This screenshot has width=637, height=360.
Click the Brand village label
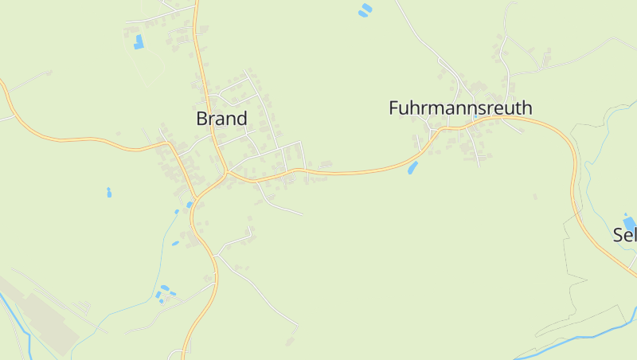point(221,119)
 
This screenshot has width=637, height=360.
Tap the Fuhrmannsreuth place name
point(460,108)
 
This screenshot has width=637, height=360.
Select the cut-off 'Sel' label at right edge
point(625,235)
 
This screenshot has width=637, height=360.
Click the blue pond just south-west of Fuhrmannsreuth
point(412,167)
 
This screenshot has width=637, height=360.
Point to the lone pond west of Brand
point(108,192)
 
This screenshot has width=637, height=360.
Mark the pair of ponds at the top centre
point(365,10)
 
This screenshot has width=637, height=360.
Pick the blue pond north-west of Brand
point(139,42)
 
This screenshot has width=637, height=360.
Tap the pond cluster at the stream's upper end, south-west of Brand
point(166,292)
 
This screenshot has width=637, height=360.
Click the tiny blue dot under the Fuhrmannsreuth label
point(475,118)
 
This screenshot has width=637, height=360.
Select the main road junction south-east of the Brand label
point(227,172)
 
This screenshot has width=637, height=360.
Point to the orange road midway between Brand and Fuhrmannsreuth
point(350,171)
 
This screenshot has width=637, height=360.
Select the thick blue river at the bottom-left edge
point(16,319)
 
